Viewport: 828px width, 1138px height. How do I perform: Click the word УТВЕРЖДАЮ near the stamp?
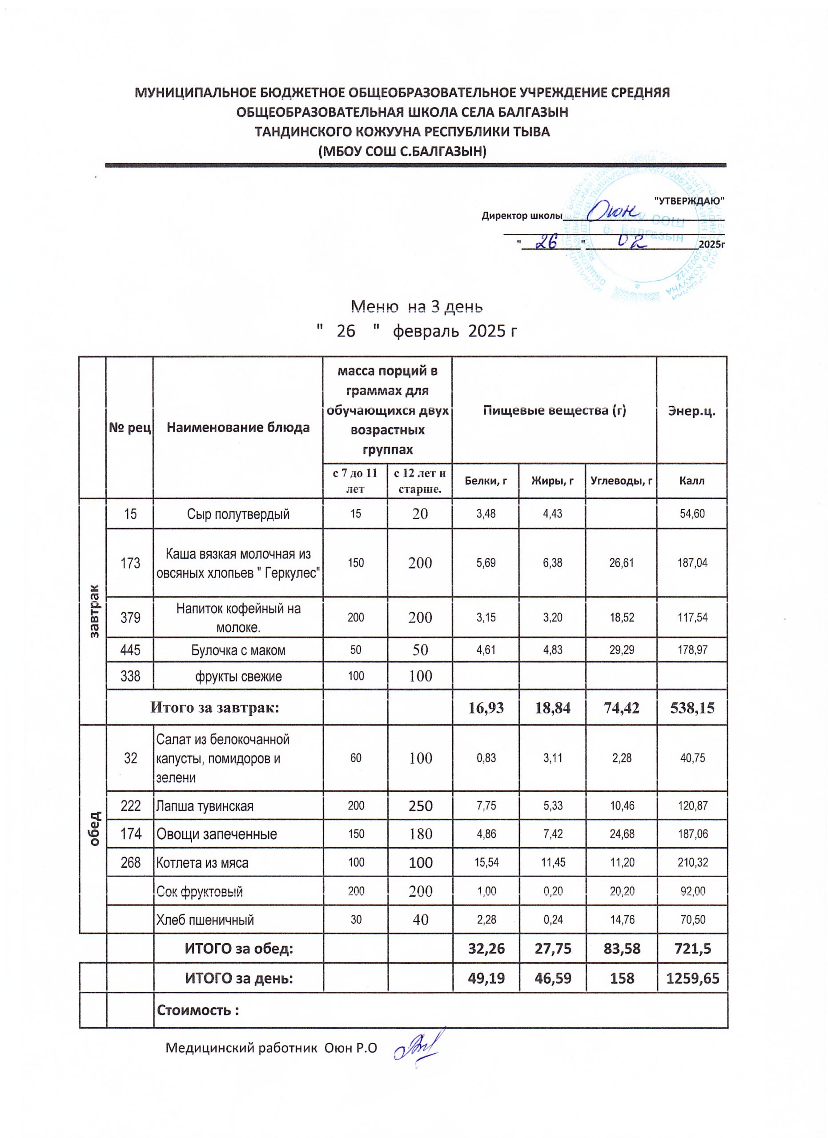coord(690,200)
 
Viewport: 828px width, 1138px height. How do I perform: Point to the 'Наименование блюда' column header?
coord(238,428)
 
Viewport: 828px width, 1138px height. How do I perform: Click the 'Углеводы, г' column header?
coord(621,481)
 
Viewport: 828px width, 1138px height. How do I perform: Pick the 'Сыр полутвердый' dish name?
coord(238,514)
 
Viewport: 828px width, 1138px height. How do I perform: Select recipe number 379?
coord(130,617)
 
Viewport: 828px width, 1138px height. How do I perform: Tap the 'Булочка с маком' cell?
coord(238,650)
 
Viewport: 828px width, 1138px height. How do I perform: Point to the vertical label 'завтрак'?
coord(94,611)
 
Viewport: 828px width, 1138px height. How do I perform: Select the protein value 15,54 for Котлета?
coord(486,863)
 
